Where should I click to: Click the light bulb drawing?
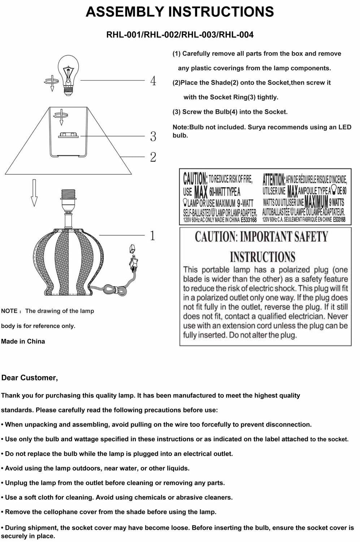pyautogui.click(x=69, y=74)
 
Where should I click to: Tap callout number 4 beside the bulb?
pyautogui.click(x=153, y=81)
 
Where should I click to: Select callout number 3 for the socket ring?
pyautogui.click(x=153, y=137)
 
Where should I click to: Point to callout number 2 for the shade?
pyautogui.click(x=153, y=157)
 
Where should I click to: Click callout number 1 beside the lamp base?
pyautogui.click(x=152, y=236)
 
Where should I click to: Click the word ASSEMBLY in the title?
pyautogui.click(x=125, y=12)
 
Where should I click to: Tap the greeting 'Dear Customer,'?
pyautogui.click(x=30, y=378)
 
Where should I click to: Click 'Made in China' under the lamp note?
pyautogui.click(x=23, y=341)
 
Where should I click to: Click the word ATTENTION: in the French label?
pyautogui.click(x=274, y=179)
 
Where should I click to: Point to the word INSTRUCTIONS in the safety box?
pyautogui.click(x=263, y=257)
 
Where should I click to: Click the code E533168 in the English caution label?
pyautogui.click(x=248, y=220)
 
